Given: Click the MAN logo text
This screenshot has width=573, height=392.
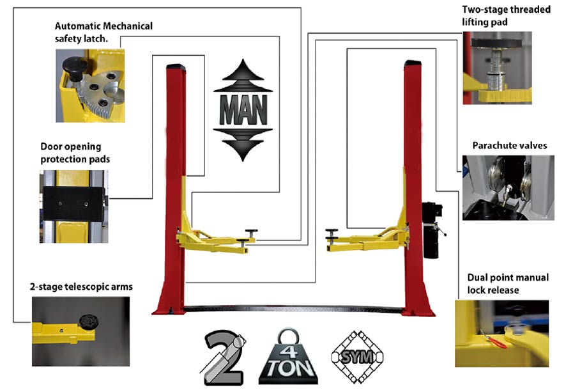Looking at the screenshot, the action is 243,110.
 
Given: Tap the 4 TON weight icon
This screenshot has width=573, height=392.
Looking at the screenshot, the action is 288,357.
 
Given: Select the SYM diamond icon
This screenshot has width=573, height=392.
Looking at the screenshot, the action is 357,357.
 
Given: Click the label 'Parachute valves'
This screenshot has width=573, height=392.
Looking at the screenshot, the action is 510,146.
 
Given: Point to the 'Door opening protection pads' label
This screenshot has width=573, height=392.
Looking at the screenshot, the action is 75,153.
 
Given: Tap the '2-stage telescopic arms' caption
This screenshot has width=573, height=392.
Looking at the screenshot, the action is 81,286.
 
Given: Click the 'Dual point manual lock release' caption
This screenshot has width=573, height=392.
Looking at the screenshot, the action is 508,283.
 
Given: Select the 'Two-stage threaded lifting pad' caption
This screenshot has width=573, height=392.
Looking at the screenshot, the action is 506,15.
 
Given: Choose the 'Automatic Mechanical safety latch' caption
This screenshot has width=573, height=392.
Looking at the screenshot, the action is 103,32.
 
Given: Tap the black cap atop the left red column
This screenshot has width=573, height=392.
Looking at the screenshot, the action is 176,67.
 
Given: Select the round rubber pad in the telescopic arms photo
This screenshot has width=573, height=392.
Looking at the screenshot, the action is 88,322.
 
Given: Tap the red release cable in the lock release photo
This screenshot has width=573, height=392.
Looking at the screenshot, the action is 493,339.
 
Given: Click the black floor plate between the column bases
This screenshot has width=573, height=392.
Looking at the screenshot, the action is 293,309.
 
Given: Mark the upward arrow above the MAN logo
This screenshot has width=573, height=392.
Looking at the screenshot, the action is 243,75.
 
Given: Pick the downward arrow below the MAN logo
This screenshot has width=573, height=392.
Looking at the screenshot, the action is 243,145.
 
